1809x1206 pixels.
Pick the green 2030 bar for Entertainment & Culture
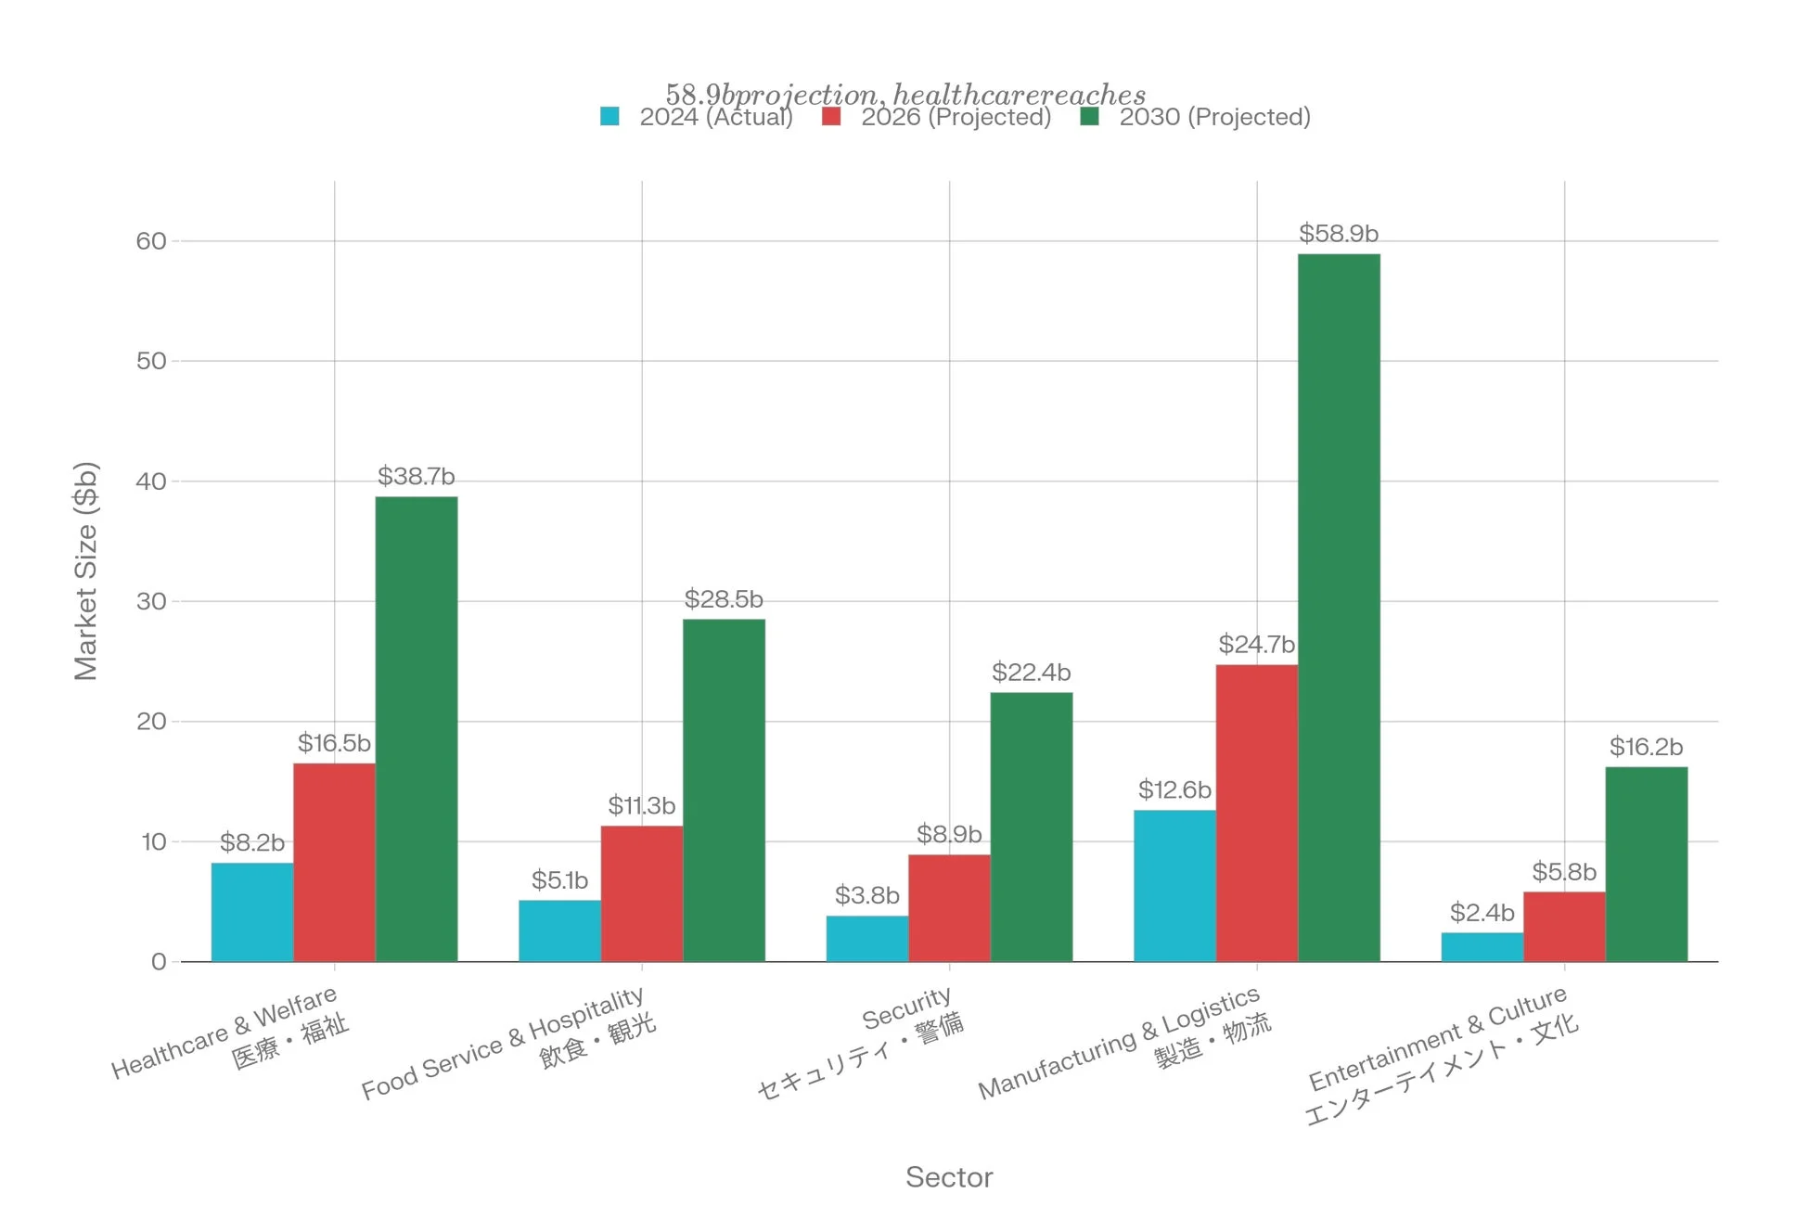(1646, 864)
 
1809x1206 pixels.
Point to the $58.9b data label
(1338, 233)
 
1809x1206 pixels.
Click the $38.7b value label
(416, 476)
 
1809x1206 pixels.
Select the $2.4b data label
(1482, 913)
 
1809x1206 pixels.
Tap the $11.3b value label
(641, 805)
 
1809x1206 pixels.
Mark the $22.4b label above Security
(1031, 672)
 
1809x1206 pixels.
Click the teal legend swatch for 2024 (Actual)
(609, 117)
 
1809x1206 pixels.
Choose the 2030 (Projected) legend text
(1214, 117)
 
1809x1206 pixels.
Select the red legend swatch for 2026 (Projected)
(831, 117)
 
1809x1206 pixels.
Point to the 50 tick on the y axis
(151, 361)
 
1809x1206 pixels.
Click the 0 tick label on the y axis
(159, 962)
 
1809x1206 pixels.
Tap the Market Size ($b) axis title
(85, 571)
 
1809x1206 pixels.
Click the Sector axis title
(949, 1177)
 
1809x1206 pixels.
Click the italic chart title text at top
(905, 94)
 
